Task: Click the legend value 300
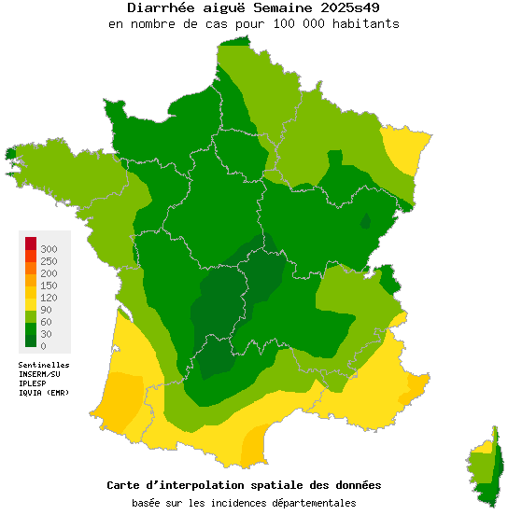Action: pos(49,249)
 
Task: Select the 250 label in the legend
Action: pos(49,261)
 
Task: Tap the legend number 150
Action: pos(49,285)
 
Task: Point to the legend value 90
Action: pos(46,310)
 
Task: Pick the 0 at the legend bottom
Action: pos(43,346)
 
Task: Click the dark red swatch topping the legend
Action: pos(31,244)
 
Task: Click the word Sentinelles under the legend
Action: pos(44,365)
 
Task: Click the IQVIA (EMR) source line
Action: pos(44,392)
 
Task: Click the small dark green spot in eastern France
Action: pos(366,222)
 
